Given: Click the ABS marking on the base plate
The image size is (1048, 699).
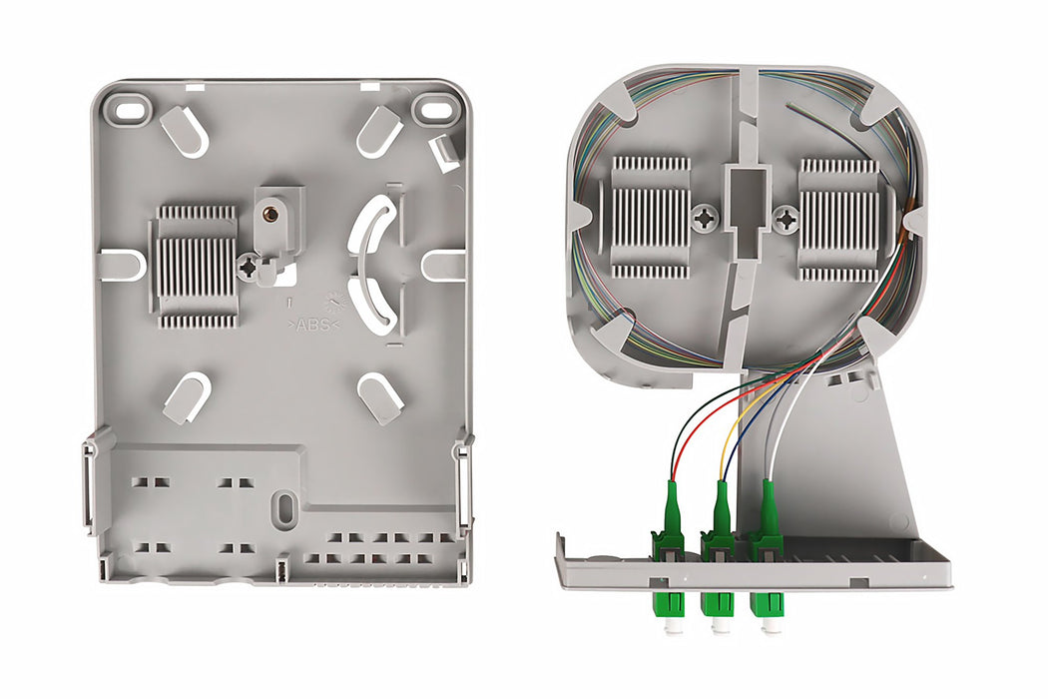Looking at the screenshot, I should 314,325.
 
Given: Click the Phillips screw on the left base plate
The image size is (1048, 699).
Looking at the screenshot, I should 249,267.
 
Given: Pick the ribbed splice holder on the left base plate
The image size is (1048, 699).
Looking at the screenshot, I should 197,267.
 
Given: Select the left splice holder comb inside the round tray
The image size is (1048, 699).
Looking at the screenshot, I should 650,217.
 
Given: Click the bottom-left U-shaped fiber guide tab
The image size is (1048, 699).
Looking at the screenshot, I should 187,396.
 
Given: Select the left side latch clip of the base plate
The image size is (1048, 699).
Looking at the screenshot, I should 90,484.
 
